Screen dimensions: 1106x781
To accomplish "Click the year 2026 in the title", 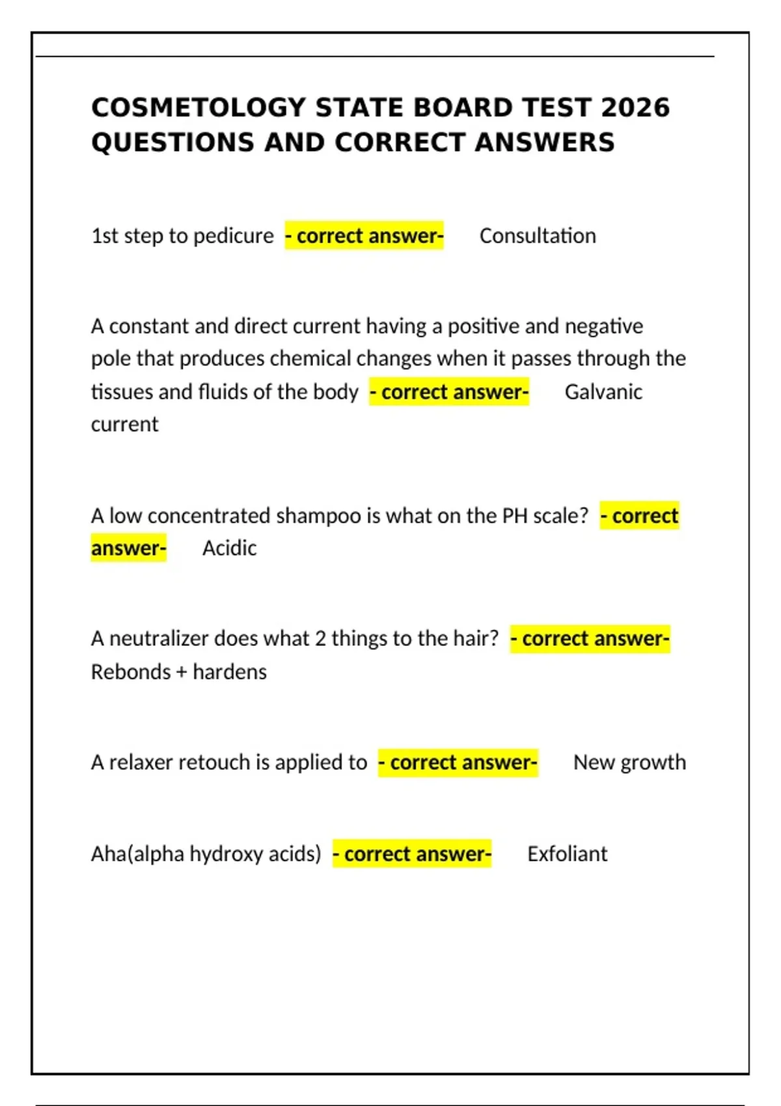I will coord(635,108).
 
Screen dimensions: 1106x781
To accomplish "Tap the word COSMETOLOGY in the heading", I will coord(199,108).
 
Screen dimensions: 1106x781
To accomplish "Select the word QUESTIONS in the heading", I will coord(172,142).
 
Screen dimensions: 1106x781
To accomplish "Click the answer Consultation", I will coord(538,236).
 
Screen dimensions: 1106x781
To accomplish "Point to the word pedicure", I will coord(234,236).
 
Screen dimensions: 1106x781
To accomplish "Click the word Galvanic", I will coord(603,392).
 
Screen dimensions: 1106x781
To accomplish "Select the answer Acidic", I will coord(229,548).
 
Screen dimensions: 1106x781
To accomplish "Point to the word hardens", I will coord(230,671).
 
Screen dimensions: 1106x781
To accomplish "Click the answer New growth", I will coord(629,762).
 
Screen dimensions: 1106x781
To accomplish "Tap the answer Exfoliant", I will coord(567,854).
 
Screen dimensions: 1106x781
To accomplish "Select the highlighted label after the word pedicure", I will coord(364,236).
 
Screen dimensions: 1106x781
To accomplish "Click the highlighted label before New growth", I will coord(458,762).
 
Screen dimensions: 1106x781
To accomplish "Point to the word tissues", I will coord(122,392).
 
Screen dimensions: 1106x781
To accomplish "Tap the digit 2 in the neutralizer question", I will coord(320,638).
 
